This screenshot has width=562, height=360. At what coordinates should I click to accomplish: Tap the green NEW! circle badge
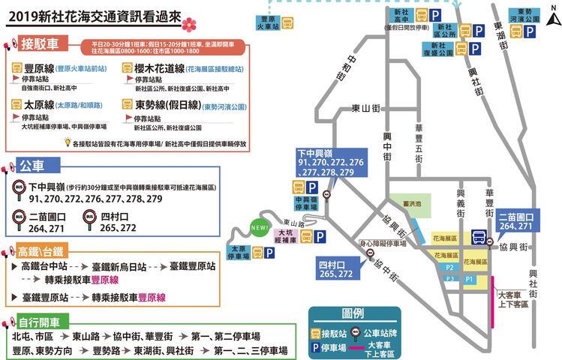click(260, 228)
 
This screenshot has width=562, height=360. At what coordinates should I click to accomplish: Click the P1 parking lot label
click(470, 278)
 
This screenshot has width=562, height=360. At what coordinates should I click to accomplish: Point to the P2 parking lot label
click(451, 266)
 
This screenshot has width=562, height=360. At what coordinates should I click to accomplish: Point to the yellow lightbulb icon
click(68, 142)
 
